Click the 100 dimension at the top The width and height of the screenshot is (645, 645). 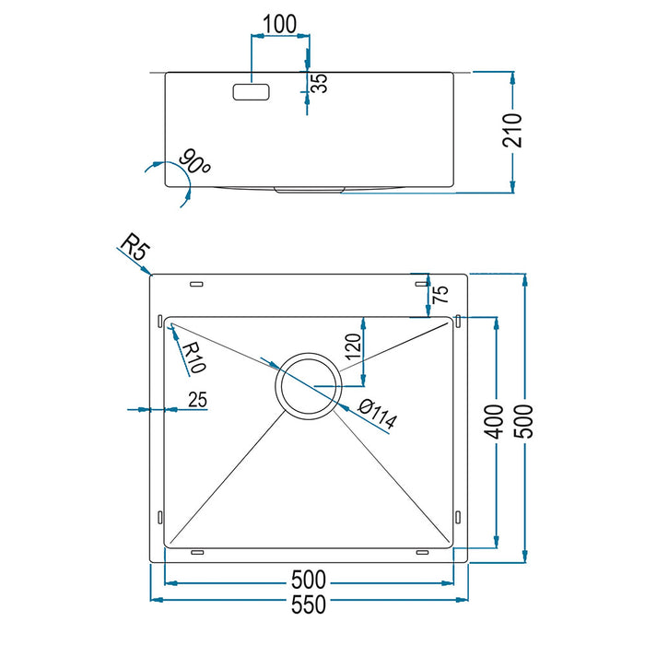[279, 24]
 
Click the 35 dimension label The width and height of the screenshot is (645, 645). [320, 84]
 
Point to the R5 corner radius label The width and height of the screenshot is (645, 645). [135, 247]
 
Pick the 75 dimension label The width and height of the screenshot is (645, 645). [440, 295]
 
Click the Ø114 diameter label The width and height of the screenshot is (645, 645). [378, 416]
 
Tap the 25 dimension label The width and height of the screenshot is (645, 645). [196, 399]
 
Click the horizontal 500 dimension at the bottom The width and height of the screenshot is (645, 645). [309, 580]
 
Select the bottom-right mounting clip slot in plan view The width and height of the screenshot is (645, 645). [422, 551]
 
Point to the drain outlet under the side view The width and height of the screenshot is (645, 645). [309, 189]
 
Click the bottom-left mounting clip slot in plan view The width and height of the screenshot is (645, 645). [195, 551]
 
